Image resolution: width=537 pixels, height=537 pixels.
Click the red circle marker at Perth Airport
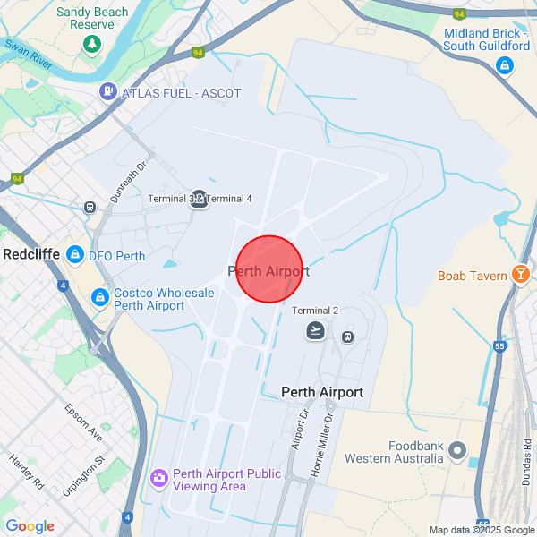tap(269, 269)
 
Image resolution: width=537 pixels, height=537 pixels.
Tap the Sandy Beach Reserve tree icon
tap(90, 43)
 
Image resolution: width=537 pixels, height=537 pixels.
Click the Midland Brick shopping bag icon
tap(505, 66)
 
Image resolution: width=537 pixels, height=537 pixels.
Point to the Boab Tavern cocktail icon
tap(520, 275)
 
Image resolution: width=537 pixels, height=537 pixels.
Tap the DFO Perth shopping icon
tap(75, 255)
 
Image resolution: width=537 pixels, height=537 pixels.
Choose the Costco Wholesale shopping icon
tap(100, 297)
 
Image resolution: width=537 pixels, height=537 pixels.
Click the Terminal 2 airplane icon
tap(315, 330)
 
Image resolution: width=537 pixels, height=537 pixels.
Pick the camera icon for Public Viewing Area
tap(159, 480)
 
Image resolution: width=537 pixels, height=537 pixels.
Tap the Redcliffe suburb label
tap(31, 254)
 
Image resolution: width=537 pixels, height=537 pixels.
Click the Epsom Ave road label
tap(83, 422)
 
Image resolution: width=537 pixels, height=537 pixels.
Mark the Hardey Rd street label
tap(26, 471)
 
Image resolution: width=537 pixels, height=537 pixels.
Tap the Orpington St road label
tap(85, 476)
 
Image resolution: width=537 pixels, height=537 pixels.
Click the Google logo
tap(30, 526)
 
